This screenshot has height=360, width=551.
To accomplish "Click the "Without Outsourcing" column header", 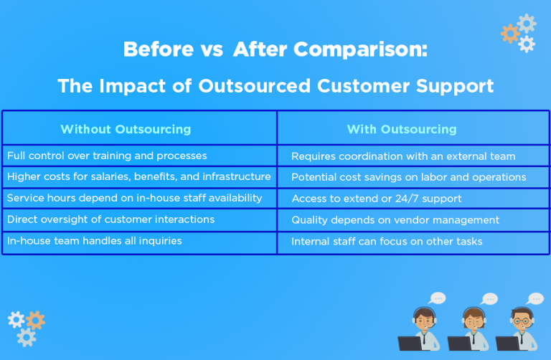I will [x=126, y=129].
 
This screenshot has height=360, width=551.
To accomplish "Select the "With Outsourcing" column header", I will [x=402, y=129].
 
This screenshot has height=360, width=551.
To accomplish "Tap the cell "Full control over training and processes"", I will [x=107, y=156].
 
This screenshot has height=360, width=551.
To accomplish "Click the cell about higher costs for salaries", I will [x=138, y=176].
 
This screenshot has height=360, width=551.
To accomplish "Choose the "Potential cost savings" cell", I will [x=408, y=177].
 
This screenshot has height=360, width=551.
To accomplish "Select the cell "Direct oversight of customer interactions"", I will [x=110, y=219].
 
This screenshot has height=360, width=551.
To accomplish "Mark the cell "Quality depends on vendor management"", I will [x=395, y=220].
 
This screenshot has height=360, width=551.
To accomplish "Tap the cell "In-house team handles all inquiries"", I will [x=94, y=241].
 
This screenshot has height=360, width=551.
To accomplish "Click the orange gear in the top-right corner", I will [x=510, y=33].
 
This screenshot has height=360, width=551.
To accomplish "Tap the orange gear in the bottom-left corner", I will [x=34, y=321].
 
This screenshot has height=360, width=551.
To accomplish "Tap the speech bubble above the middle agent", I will [x=489, y=298].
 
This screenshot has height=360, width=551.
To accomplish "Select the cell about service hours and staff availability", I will [x=134, y=198].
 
